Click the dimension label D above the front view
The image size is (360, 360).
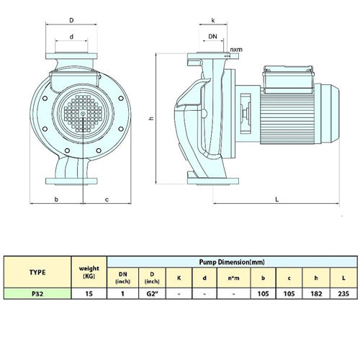[x=71, y=20]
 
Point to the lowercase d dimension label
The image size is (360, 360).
[x=71, y=37]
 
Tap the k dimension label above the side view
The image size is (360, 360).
[x=213, y=20]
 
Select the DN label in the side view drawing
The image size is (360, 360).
[x=212, y=37]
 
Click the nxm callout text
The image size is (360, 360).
[x=236, y=50]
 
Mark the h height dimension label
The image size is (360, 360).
[x=151, y=118]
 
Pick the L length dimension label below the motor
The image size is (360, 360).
[x=277, y=199]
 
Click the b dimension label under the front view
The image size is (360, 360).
[x=56, y=199]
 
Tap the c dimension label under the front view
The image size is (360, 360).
[x=107, y=199]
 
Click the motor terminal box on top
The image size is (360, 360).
[x=288, y=79]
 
